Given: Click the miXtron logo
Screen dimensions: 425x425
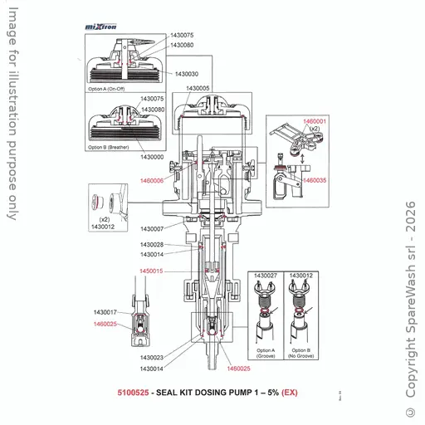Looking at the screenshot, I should point(101,27).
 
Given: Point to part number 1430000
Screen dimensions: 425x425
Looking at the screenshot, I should point(155,156).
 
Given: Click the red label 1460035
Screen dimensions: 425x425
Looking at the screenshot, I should point(315,179).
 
